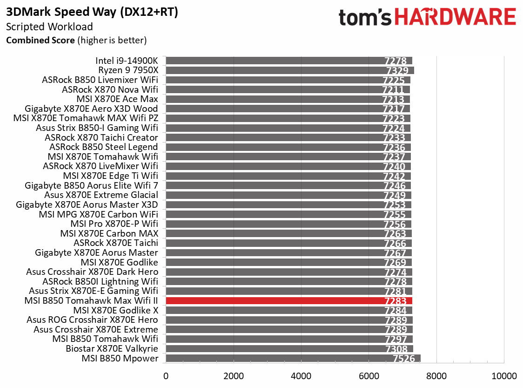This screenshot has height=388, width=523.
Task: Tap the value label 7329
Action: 397,70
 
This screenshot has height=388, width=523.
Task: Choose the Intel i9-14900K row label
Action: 127,61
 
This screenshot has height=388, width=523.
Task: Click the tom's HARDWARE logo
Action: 427,18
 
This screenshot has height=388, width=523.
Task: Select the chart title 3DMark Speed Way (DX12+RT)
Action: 92,13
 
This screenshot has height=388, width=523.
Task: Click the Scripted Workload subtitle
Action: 49,27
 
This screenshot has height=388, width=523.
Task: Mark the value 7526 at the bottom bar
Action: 404,359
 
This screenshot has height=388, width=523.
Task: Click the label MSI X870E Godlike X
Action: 115,310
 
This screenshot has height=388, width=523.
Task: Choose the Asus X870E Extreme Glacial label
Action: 101,195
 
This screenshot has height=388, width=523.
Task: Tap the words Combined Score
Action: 40,40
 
